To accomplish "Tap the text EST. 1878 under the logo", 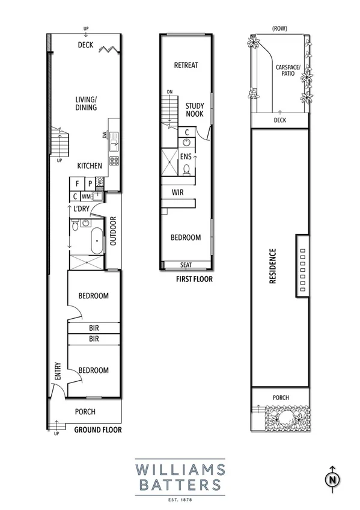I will coord(180,498).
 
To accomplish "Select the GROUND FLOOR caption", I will coord(98,430).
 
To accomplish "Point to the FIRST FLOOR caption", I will coord(194,279).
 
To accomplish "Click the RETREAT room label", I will coord(186,65).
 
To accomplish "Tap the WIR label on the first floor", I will coord(177,192).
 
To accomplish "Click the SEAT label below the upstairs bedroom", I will coord(187,265).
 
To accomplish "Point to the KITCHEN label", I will coord(89,165).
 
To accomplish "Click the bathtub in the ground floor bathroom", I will coord(94,242).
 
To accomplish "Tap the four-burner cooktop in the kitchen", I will coord(114,160).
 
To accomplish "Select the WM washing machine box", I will coord(87,196).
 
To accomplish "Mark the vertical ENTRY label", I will coord(58,370).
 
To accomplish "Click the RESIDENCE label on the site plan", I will coord(272,266).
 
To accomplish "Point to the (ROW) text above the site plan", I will coord(278,28).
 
